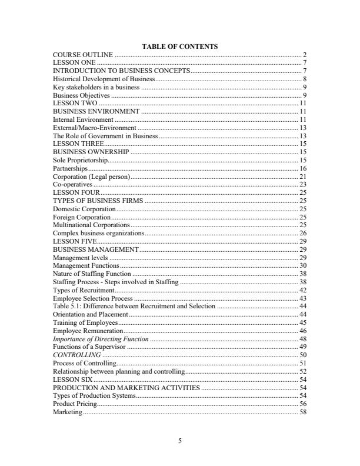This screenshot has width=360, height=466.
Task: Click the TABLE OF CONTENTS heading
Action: pos(180,46)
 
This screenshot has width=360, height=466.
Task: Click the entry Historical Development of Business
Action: pos(104,78)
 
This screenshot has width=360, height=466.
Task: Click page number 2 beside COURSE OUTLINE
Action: pos(305,54)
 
